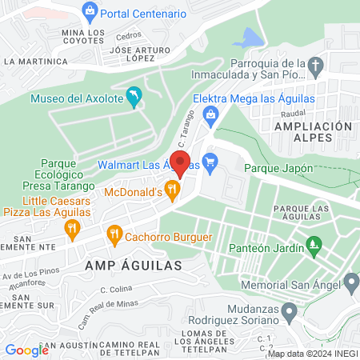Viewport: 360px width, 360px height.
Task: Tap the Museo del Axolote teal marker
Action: click(x=134, y=98)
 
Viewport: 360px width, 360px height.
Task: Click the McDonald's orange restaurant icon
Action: click(x=171, y=190)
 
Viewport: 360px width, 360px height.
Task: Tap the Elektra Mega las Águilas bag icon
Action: click(x=210, y=116)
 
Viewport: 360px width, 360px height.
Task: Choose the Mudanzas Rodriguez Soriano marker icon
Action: click(x=291, y=310)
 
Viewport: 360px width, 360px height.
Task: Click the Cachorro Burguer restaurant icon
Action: click(x=114, y=235)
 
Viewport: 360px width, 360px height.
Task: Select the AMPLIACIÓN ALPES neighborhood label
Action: click(x=312, y=132)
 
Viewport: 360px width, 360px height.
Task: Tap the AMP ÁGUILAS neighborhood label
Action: click(x=130, y=264)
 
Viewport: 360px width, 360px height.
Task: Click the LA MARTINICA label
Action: click(x=33, y=61)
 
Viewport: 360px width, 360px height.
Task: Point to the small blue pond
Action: click(x=251, y=38)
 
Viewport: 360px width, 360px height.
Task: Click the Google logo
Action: click(x=26, y=350)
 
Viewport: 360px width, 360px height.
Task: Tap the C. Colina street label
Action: click(x=116, y=290)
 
